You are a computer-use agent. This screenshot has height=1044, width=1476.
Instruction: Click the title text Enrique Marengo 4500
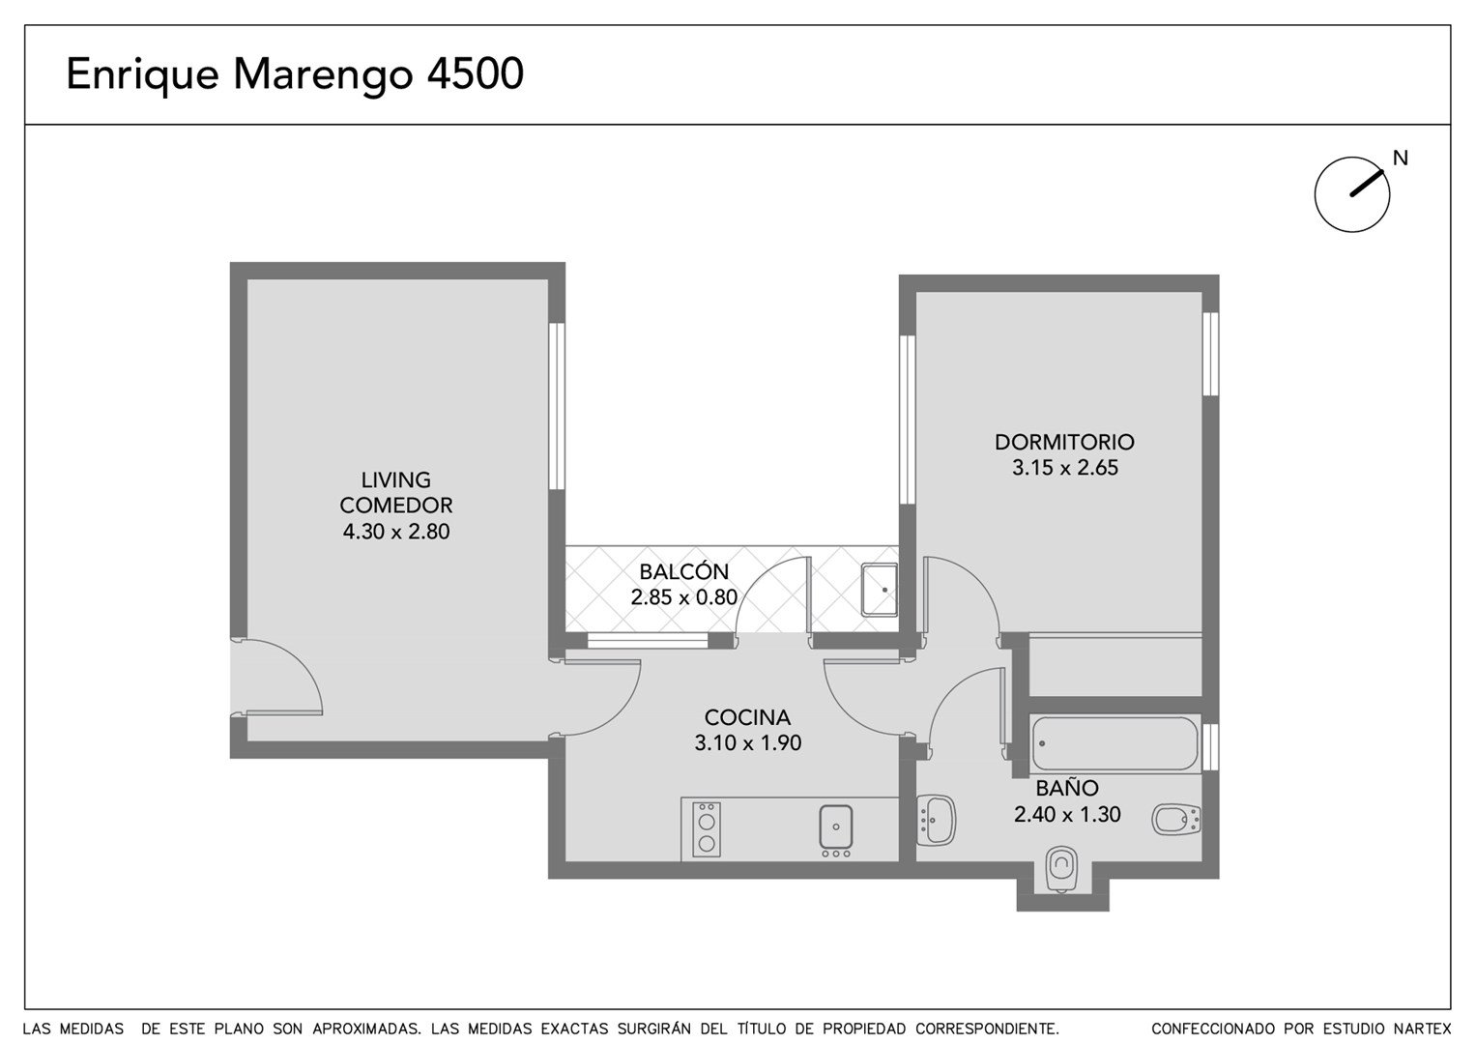pyautogui.click(x=295, y=74)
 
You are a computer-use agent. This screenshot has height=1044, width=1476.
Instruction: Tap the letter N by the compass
pyautogui.click(x=1401, y=159)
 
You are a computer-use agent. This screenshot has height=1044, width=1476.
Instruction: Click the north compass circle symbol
pyautogui.click(x=1352, y=194)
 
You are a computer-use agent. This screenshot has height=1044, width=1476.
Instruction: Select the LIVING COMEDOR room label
pyautogui.click(x=396, y=492)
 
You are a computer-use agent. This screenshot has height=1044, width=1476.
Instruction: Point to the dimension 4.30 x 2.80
pyautogui.click(x=396, y=531)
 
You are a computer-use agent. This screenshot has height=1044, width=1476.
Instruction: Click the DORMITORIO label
pyautogui.click(x=1065, y=442)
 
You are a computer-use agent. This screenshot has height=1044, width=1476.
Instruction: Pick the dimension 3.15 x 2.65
pyautogui.click(x=1065, y=467)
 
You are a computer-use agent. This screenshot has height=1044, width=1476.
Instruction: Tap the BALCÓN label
pyautogui.click(x=684, y=570)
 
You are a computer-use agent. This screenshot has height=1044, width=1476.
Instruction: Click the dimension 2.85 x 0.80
pyautogui.click(x=684, y=596)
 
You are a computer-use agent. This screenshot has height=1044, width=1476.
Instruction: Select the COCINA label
pyautogui.click(x=747, y=716)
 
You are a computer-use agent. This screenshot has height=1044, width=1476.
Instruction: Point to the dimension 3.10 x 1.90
pyautogui.click(x=747, y=742)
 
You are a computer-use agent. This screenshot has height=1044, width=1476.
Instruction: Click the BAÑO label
pyautogui.click(x=1067, y=788)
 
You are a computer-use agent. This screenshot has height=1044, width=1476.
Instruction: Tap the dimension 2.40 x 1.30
pyautogui.click(x=1067, y=814)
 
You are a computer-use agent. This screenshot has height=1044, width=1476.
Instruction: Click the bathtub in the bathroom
pyautogui.click(x=1114, y=742)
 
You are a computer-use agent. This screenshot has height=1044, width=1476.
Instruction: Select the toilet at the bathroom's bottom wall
pyautogui.click(x=1061, y=869)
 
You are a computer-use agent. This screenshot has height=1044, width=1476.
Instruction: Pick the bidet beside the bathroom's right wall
pyautogui.click(x=1176, y=820)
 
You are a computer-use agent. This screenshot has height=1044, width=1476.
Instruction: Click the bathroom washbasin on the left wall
pyautogui.click(x=936, y=820)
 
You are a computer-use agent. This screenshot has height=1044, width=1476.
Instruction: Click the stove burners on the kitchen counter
pyautogui.click(x=707, y=829)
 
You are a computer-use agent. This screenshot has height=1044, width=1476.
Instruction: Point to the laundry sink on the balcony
pyautogui.click(x=880, y=590)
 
